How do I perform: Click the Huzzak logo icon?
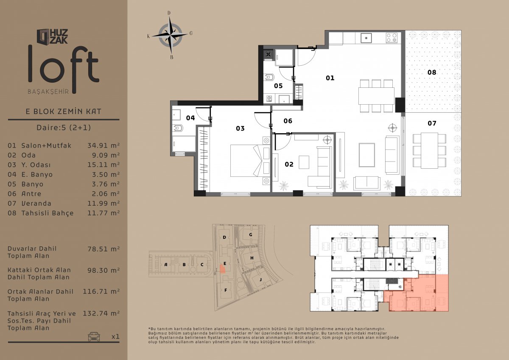(x=43, y=36)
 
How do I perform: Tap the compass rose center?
(x=170, y=35)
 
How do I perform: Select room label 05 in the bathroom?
(x=278, y=86)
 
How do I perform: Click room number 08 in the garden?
(x=432, y=72)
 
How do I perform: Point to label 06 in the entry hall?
(x=288, y=121)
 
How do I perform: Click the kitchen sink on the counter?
(x=366, y=38)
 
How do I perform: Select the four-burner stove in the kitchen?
(x=392, y=38)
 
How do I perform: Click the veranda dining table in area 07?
(x=429, y=151)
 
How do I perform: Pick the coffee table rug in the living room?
(x=367, y=155)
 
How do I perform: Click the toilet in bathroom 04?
(x=178, y=128)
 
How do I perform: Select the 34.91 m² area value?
(x=103, y=145)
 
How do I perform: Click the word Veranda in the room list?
(x=36, y=203)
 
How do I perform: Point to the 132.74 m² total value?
(x=101, y=313)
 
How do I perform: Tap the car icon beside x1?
(x=94, y=337)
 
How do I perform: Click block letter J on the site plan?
(x=260, y=279)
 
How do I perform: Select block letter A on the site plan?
(x=166, y=265)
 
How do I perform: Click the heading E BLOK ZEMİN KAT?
(x=63, y=112)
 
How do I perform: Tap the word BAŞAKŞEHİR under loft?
(x=48, y=92)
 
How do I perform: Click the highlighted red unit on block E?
(x=222, y=269)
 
